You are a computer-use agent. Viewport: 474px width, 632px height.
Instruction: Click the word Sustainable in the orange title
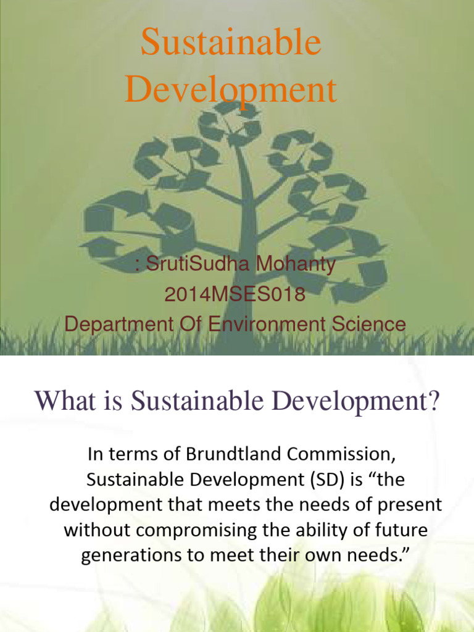(231, 44)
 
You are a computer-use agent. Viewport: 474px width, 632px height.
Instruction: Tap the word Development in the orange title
(231, 90)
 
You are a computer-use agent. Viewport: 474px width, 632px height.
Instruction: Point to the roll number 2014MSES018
(235, 294)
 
